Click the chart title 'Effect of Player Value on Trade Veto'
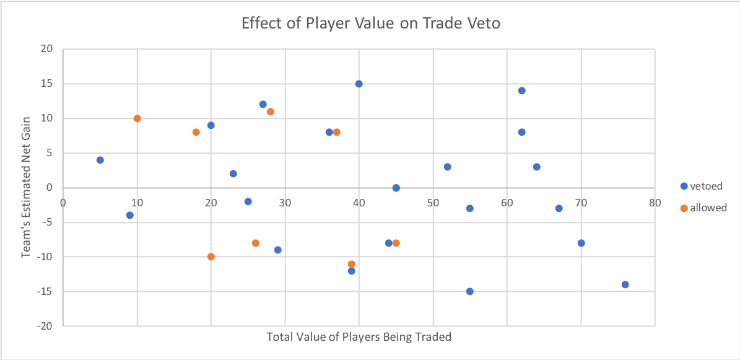(370, 24)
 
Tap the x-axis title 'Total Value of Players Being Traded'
(359, 337)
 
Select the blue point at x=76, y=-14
(625, 284)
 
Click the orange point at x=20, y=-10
(211, 257)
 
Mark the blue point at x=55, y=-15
(470, 291)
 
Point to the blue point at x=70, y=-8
(581, 243)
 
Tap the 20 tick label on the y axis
(47, 49)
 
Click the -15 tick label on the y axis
(45, 291)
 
